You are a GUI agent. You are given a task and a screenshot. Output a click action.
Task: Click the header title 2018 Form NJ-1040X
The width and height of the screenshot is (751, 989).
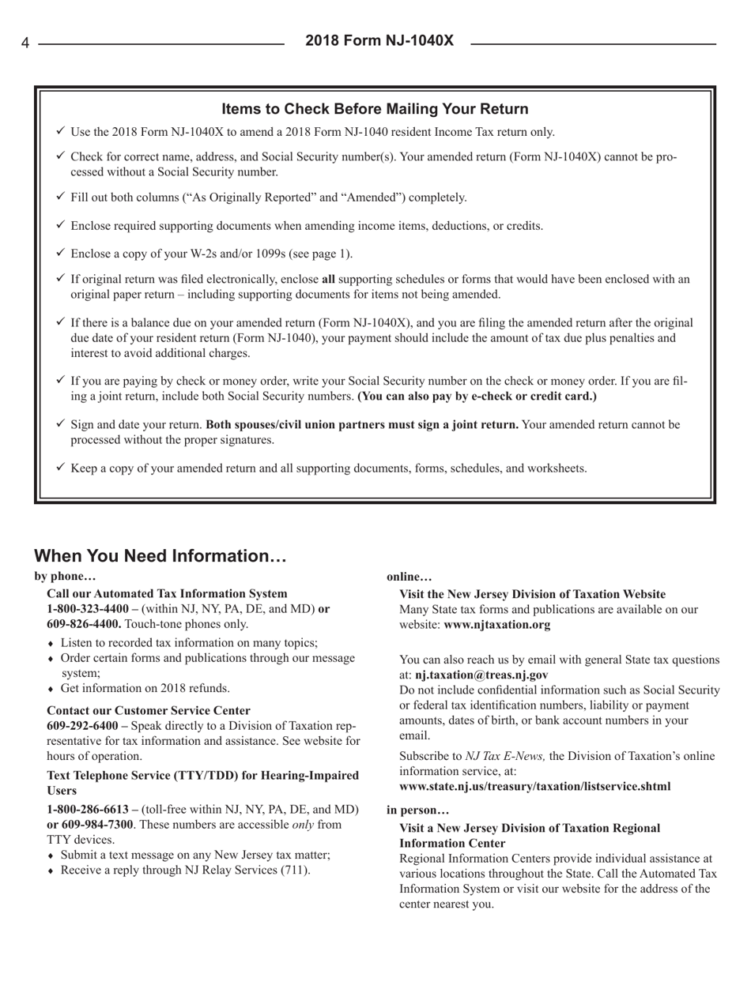(x=379, y=40)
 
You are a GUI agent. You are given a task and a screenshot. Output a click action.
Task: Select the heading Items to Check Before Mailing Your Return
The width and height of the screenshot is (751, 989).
(x=375, y=108)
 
